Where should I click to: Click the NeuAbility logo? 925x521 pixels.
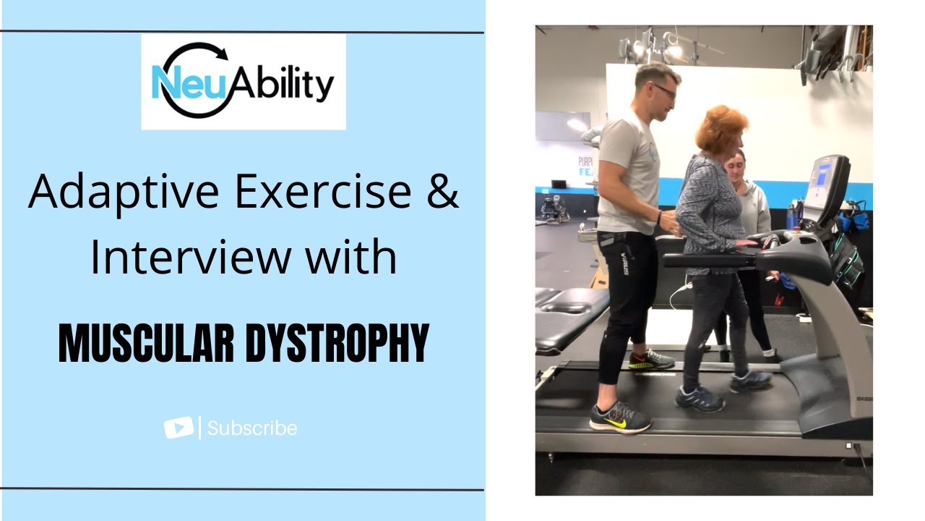pyautogui.click(x=243, y=81)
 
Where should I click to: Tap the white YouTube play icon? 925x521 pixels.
pyautogui.click(x=178, y=428)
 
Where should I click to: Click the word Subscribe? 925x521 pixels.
pyautogui.click(x=252, y=428)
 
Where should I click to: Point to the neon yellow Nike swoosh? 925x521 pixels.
pyautogui.click(x=615, y=422)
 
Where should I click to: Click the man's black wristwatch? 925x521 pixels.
pyautogui.click(x=659, y=216)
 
